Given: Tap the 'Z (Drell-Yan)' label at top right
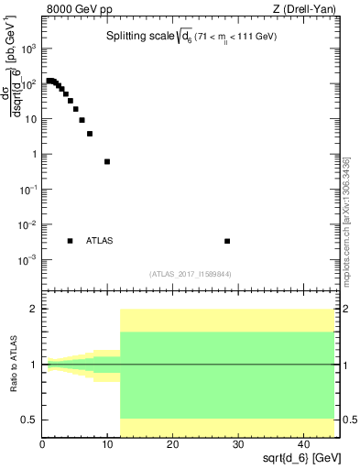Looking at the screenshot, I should [301, 10].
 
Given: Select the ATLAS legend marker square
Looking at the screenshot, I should [70, 241].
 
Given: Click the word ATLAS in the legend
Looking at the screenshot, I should [100, 241].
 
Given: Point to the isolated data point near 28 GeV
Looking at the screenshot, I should [227, 241].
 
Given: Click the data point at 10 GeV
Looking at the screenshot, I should [107, 161].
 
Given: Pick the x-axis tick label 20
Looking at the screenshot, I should [172, 444].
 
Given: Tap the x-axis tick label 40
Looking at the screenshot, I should [301, 444].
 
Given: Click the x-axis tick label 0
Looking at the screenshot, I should [42, 444].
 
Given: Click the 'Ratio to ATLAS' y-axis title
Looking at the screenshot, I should [13, 364].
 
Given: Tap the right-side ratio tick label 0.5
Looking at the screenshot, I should [349, 420].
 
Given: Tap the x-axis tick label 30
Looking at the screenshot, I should [237, 444].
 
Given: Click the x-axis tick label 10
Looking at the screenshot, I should [107, 444].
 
